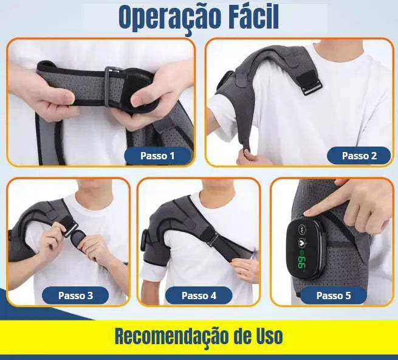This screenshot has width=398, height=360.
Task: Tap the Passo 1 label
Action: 157,156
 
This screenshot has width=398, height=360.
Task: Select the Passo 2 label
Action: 359,156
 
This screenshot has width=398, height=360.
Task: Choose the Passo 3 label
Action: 75,296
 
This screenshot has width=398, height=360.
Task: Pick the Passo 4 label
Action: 199,296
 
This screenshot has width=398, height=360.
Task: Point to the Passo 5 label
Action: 334,296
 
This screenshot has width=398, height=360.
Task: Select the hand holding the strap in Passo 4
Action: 245,268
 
